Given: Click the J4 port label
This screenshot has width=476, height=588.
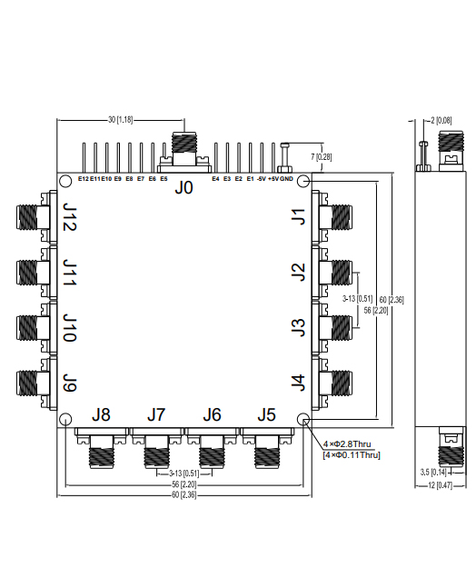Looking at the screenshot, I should click(x=297, y=383).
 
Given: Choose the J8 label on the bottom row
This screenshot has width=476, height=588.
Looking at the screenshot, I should click(x=101, y=415).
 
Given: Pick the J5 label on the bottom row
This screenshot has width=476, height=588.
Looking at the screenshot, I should click(x=266, y=415).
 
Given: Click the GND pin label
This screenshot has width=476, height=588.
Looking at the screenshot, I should click(x=286, y=179).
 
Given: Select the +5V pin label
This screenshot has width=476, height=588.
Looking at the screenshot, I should click(x=273, y=179).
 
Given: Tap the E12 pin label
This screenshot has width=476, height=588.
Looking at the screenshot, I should click(x=83, y=179).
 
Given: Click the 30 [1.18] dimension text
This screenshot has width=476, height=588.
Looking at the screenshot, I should click(x=120, y=119).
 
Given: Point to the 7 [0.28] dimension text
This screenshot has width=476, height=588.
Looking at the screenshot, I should click(x=322, y=157).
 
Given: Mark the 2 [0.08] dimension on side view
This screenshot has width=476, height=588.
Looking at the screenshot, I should click(x=442, y=119).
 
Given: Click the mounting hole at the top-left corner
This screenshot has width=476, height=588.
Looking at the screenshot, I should click(x=66, y=182).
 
